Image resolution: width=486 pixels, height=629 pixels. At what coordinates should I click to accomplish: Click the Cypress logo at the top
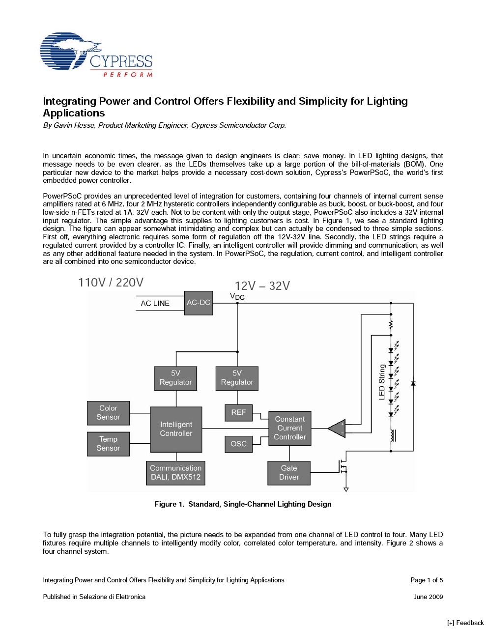(96, 55)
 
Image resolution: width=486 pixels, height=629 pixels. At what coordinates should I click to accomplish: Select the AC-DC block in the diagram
(199, 303)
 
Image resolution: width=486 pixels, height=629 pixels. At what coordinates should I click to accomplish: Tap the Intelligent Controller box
(176, 429)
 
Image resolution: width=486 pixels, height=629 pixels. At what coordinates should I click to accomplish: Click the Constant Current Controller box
(289, 428)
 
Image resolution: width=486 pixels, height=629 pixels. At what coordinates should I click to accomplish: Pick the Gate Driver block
(289, 473)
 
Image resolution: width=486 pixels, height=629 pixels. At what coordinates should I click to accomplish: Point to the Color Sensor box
(108, 413)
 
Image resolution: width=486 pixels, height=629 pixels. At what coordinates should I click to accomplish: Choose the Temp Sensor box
(108, 444)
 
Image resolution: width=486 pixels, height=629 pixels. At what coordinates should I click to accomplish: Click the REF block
(238, 412)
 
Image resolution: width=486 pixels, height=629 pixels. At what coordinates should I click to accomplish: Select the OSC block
(238, 444)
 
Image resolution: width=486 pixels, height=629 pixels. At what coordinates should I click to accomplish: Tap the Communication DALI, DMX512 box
(175, 473)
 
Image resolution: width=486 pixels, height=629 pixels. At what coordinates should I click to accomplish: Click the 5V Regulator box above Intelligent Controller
(175, 378)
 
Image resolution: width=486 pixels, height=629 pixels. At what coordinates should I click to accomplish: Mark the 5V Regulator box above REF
(237, 378)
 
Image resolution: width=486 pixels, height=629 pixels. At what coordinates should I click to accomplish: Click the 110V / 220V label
(111, 283)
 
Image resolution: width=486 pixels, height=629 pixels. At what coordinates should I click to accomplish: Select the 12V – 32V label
(262, 286)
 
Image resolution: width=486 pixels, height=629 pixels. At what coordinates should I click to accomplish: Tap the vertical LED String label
(382, 382)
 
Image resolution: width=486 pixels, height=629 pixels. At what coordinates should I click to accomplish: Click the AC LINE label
(155, 304)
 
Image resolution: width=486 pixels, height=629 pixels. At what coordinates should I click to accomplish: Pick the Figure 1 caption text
(243, 504)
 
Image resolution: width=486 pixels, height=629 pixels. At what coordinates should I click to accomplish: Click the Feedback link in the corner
(465, 623)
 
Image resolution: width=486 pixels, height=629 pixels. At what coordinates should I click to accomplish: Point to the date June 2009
(428, 597)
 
